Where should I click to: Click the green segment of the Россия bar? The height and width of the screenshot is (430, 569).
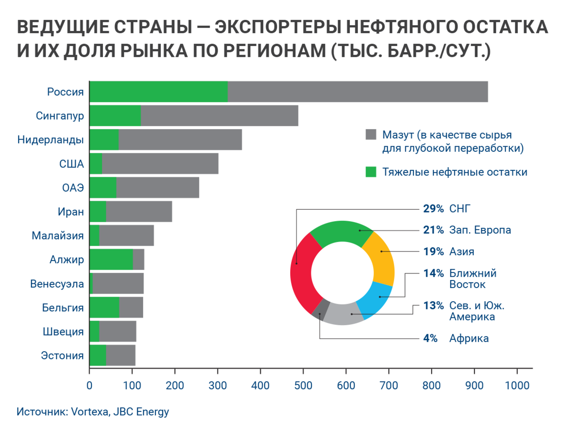click(158, 92)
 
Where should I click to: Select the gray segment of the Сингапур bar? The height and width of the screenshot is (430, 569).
click(219, 116)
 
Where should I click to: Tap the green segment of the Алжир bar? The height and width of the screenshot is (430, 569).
click(111, 260)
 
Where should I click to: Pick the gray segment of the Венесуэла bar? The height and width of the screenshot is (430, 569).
click(119, 284)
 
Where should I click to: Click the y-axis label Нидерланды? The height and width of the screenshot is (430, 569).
click(51, 140)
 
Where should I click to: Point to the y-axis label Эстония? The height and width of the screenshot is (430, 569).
click(62, 355)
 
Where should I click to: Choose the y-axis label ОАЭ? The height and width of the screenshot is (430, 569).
click(73, 187)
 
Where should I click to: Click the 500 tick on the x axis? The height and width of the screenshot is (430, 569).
click(303, 386)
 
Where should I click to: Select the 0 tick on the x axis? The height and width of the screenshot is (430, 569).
click(90, 386)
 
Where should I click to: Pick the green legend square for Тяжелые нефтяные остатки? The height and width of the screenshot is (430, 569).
click(370, 172)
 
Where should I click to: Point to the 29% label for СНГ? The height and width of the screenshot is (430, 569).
click(433, 208)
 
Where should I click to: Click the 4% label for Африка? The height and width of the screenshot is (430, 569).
click(431, 338)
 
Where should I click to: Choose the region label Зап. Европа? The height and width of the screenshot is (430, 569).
click(480, 230)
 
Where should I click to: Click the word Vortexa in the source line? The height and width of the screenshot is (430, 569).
click(91, 411)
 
